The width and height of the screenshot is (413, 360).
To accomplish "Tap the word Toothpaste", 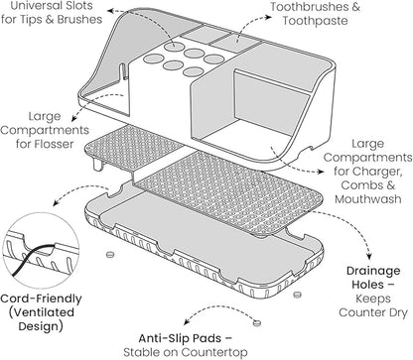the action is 315,21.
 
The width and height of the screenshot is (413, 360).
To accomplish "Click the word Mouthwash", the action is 368,199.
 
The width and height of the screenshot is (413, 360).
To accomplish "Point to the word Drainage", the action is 373,271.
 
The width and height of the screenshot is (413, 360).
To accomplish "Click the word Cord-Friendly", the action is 41,299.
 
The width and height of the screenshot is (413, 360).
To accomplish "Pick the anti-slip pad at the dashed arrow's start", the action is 256,322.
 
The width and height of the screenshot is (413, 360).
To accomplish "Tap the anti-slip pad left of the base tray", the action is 110,254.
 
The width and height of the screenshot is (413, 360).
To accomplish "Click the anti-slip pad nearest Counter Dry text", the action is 298,294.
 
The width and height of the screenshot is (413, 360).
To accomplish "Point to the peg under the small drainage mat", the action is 97,165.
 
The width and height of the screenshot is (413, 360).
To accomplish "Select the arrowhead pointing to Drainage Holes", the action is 369,256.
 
